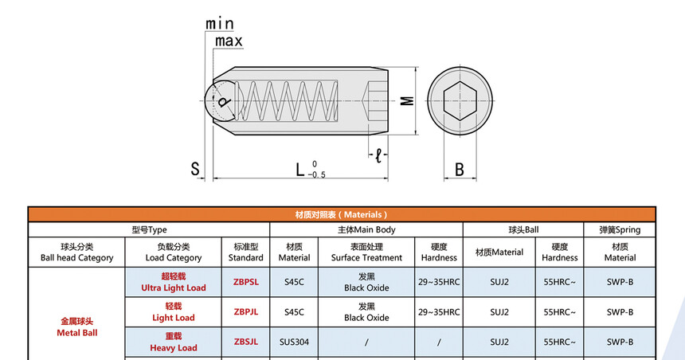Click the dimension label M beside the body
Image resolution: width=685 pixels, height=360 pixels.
406,100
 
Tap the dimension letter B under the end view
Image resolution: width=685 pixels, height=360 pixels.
459,169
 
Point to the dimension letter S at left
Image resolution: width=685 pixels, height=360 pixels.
194,169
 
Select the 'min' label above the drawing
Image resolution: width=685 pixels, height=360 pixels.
220,24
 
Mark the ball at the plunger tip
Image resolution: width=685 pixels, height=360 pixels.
220,101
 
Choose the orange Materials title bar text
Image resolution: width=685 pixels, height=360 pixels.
342,214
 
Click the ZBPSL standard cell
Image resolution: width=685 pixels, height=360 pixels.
245,282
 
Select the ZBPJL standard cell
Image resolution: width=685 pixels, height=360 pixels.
245,312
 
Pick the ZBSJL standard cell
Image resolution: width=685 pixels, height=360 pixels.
245,342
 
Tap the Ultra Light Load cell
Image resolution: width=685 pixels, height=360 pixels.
173,282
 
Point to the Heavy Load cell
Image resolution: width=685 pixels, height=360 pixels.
173,342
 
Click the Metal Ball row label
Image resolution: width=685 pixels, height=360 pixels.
76,327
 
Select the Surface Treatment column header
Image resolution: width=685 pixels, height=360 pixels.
366,252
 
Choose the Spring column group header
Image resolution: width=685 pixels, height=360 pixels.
619,229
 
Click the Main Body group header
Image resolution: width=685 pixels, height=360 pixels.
366,229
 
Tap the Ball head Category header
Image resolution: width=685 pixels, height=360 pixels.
76,252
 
